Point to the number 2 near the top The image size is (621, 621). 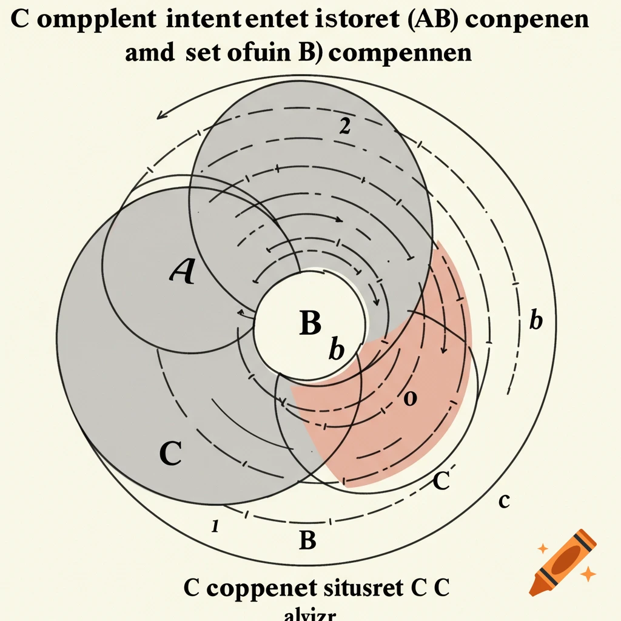tap(344, 126)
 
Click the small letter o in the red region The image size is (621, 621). tap(410, 398)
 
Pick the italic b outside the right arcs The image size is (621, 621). tap(535, 321)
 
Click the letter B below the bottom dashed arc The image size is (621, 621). tap(308, 539)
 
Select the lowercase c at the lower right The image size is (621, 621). tap(503, 502)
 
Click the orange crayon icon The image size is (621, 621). tap(563, 561)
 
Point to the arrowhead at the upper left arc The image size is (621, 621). tap(161, 115)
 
